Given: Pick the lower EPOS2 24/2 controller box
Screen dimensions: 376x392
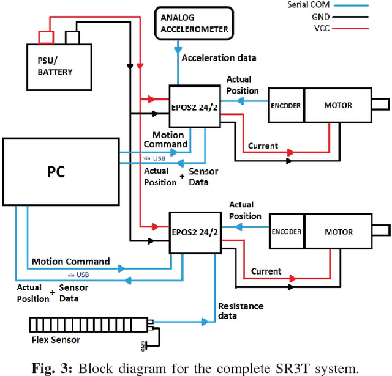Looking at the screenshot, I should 195,232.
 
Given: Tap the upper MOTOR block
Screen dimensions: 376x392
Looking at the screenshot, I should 338,105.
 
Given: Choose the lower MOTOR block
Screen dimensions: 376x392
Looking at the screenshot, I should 338,232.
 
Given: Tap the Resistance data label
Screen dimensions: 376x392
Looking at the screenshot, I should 241,311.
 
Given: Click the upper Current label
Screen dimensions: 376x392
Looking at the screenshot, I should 263,146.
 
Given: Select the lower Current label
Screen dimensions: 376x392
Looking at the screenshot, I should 266,271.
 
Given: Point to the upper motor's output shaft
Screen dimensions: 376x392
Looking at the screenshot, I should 381,105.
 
